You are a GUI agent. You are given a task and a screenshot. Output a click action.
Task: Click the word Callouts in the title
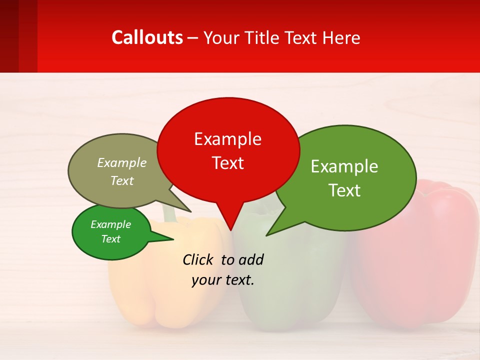147,37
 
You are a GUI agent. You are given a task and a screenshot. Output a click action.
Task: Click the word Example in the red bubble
228,138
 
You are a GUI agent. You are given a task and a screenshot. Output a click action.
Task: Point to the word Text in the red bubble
228,163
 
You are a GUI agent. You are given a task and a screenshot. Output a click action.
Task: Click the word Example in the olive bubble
122,162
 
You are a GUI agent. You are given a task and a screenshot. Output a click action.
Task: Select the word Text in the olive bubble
122,180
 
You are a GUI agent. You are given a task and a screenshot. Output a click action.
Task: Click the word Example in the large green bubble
344,166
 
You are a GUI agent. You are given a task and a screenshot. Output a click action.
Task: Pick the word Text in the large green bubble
344,190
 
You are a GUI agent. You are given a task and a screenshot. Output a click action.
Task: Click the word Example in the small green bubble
111,224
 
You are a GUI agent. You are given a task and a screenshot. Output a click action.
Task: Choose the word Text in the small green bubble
111,239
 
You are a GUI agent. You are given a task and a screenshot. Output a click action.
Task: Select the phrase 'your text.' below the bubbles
223,280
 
